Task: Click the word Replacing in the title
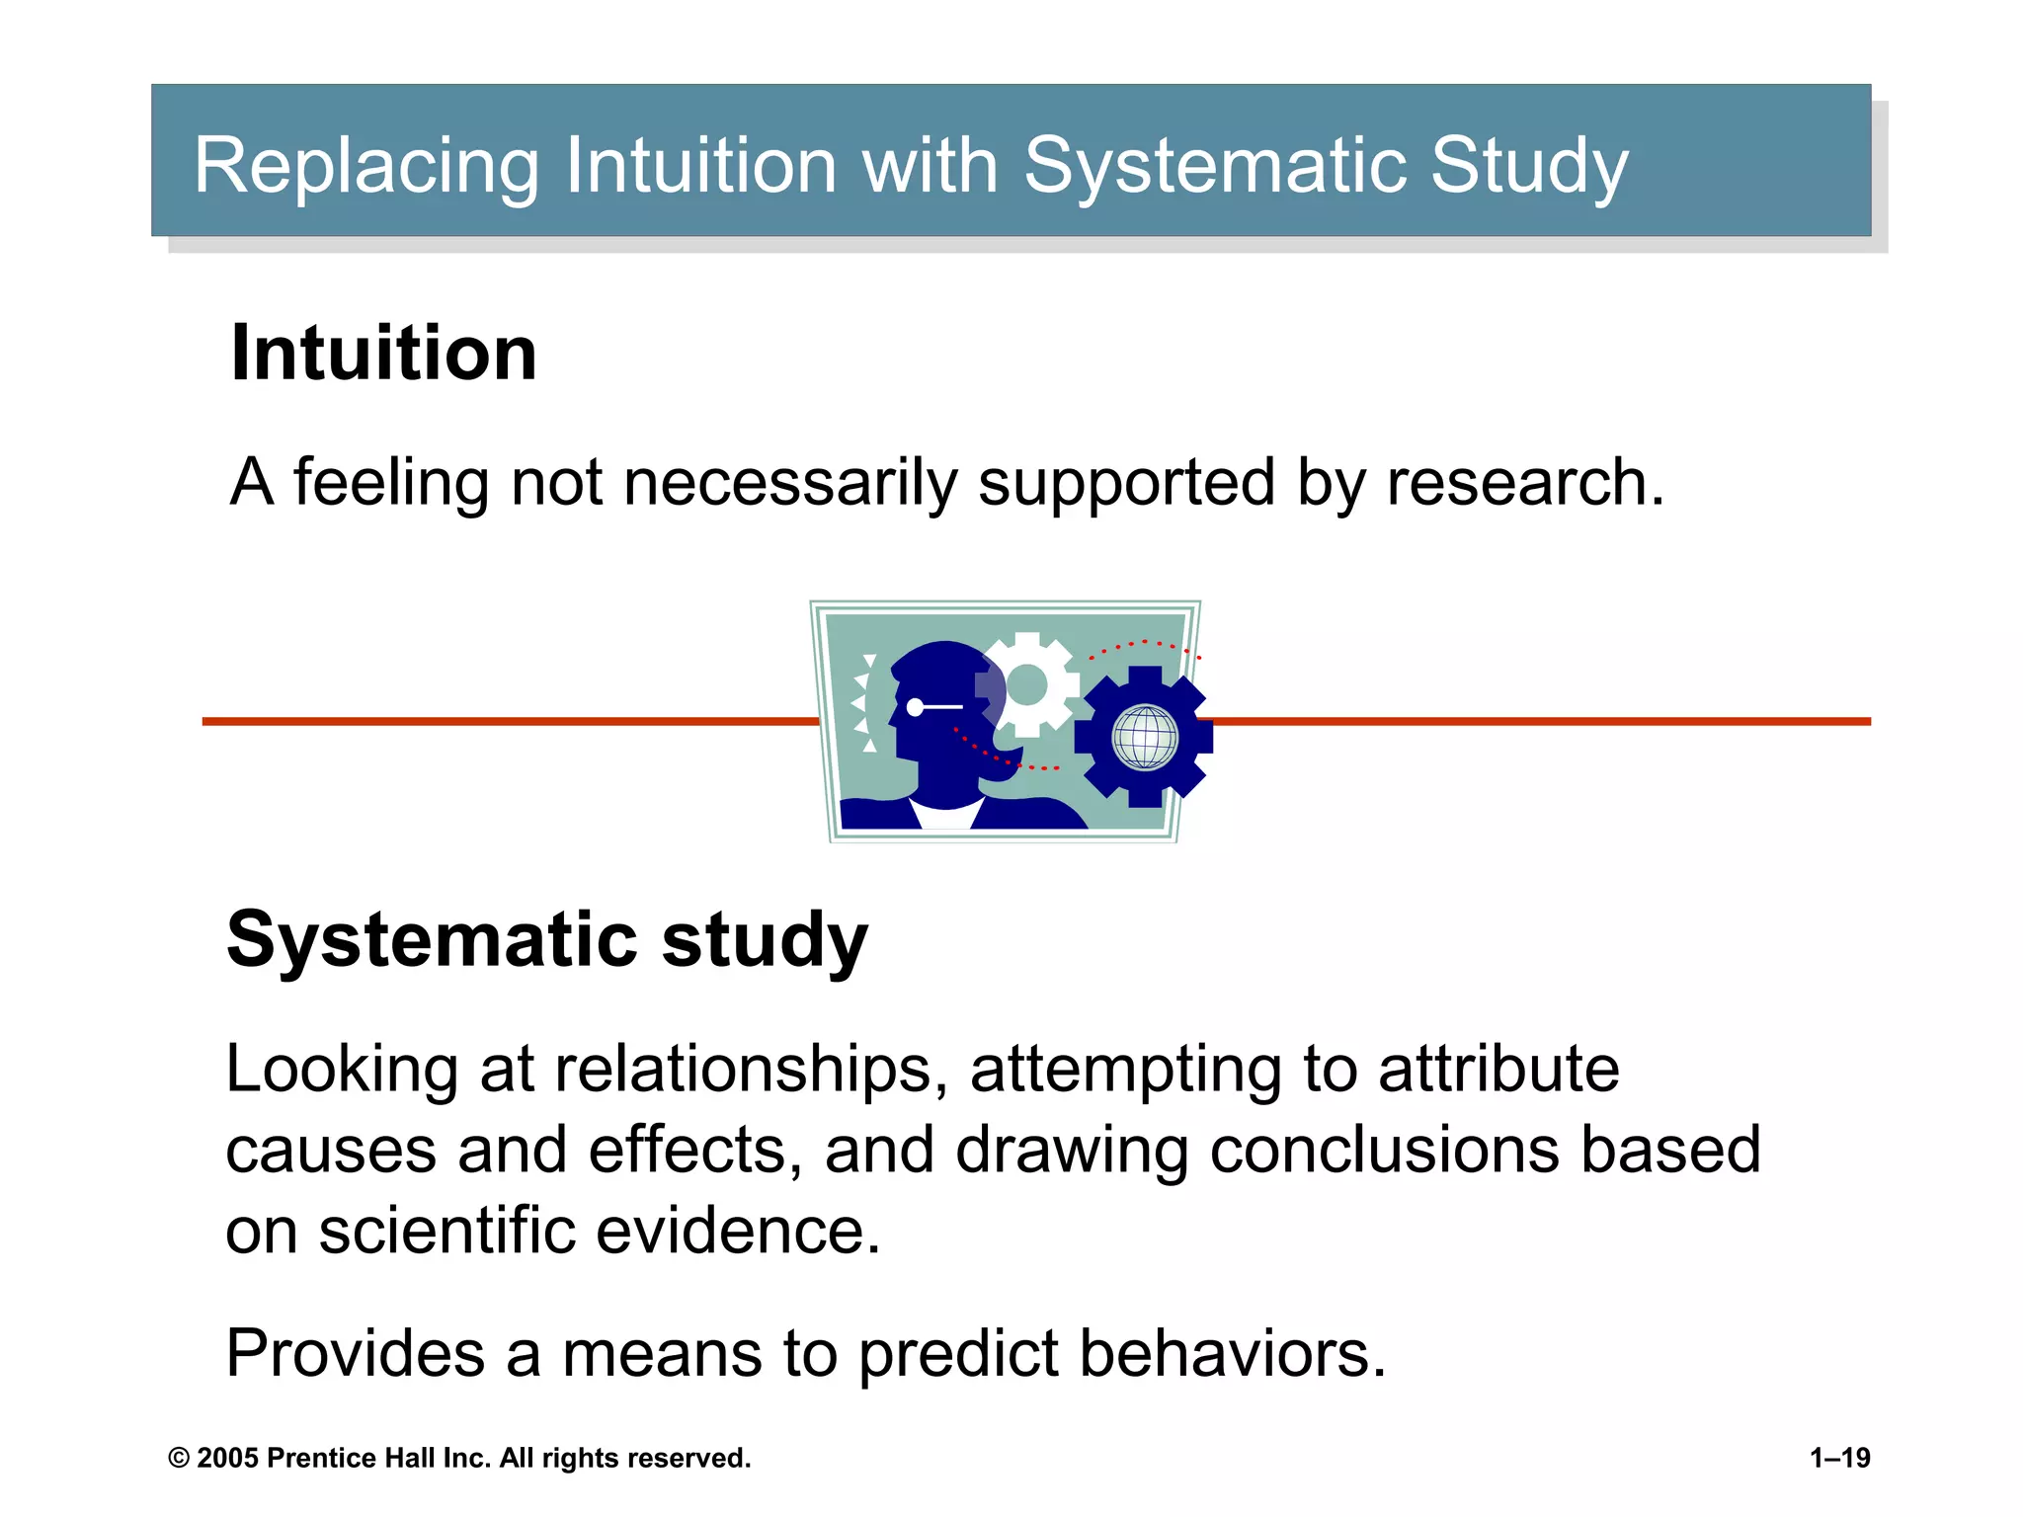365,166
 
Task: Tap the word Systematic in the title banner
1214,166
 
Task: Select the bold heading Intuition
383,353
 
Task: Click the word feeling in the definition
391,483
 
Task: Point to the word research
1525,483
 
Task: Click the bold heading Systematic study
547,938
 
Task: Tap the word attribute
1498,1070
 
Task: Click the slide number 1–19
1839,1458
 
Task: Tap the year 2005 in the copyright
228,1458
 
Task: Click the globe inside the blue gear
1145,736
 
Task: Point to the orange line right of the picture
1541,722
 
